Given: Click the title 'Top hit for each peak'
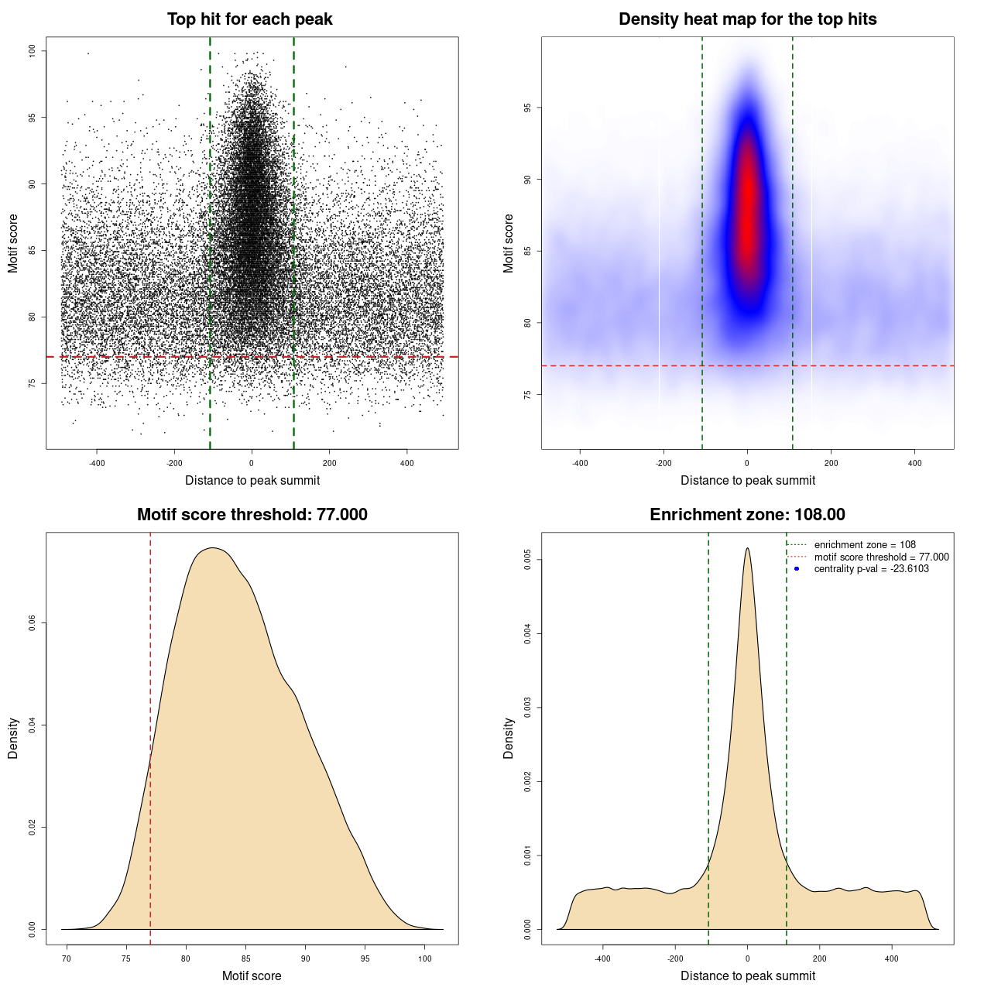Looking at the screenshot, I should tap(250, 19).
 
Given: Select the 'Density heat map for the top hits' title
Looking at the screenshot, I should tap(747, 19).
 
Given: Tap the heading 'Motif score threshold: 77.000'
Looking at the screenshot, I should tap(252, 515).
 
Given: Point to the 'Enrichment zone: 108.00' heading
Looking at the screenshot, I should tap(747, 515).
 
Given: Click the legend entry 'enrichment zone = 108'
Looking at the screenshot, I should tap(864, 545).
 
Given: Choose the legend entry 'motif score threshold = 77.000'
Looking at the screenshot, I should tap(881, 557).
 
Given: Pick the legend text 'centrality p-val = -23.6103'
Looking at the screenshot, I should tap(871, 569).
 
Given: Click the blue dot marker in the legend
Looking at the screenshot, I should tap(797, 569).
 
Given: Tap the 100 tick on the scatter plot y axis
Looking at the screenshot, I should tap(33, 51).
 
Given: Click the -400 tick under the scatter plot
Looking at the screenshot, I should tap(97, 463).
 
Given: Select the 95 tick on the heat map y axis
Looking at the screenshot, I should tap(528, 108).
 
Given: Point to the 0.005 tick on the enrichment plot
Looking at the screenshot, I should tap(528, 560).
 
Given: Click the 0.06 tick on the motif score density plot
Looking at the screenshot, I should tap(33, 623).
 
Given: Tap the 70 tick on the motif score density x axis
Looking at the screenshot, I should tap(67, 958).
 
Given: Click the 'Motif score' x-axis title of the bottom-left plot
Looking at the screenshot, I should tap(252, 976).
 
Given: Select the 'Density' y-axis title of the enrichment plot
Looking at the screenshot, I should tap(509, 738).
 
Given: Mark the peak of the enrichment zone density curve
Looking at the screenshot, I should tap(747, 549).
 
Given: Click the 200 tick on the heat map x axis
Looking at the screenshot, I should tap(831, 463).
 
